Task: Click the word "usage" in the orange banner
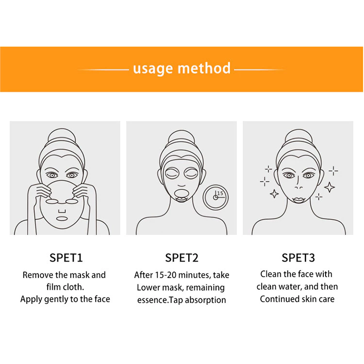pos(153,69)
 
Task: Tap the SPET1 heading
pos(66,258)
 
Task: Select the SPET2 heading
pos(182,258)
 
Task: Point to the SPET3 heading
pos(298,258)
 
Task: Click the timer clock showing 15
pos(215,198)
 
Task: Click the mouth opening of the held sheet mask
pos(62,219)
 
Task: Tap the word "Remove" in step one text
pos(38,275)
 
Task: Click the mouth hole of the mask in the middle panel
pos(182,193)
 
